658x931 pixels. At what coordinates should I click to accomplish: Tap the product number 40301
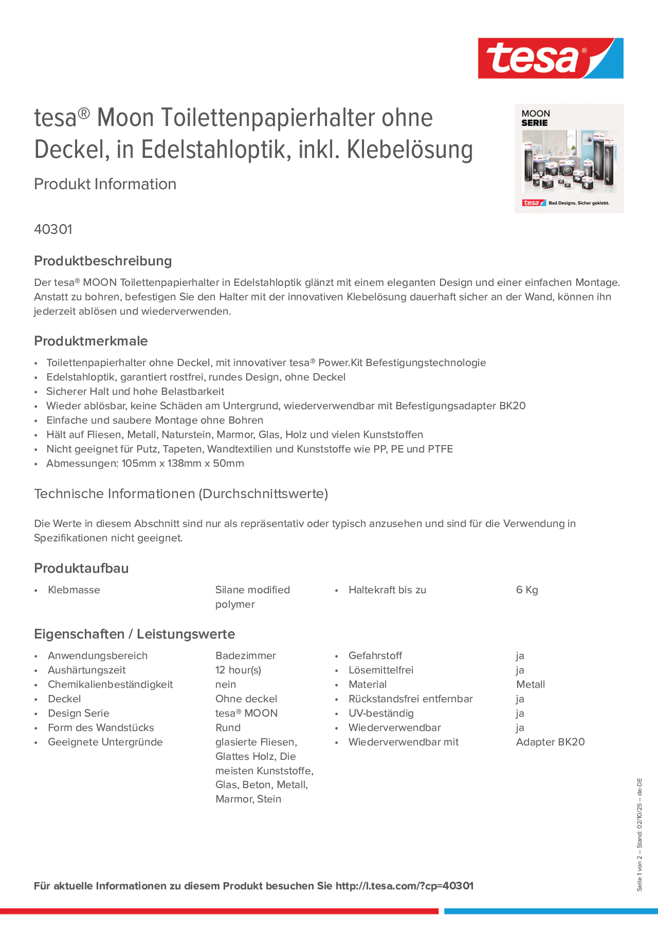(53, 229)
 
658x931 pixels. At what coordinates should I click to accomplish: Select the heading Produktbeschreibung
(103, 261)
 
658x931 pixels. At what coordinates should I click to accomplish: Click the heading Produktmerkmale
(91, 341)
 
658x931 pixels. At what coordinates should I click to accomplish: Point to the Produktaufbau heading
(81, 568)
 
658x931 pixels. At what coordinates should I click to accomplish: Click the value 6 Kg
(527, 590)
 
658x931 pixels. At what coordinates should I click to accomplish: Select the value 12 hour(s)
(238, 670)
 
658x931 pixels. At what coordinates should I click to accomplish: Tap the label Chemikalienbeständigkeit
(110, 685)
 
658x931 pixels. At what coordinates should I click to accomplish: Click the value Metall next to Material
(530, 685)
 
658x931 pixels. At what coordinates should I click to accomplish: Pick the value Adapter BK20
(550, 742)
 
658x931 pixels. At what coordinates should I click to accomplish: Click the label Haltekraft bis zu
(387, 590)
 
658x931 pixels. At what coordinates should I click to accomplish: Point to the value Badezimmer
(245, 656)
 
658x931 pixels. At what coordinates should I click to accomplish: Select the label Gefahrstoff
(375, 656)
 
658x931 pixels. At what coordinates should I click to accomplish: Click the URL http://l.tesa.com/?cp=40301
(404, 886)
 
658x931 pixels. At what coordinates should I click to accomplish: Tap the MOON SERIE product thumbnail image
(569, 159)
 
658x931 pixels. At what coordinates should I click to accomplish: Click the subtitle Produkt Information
(105, 184)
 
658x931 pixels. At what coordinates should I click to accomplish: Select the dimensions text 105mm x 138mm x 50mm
(183, 464)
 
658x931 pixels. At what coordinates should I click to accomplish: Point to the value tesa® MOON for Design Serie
(246, 713)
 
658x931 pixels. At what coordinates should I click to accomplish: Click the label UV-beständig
(381, 713)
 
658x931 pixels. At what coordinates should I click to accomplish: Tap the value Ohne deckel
(246, 699)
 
